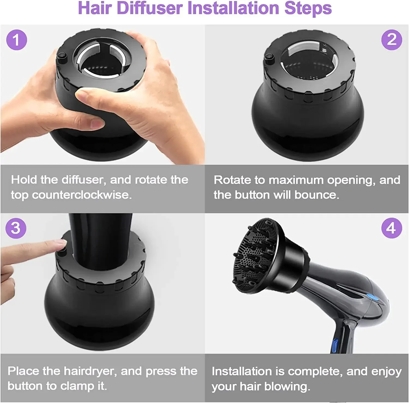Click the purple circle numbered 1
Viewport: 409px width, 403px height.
coord(17,40)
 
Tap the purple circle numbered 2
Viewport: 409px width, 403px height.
coord(392,40)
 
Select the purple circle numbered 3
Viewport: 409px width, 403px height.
coord(16,228)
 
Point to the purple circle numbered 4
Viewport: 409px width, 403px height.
coord(392,228)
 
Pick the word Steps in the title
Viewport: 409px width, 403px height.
coord(308,9)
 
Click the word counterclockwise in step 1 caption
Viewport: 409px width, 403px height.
coord(82,195)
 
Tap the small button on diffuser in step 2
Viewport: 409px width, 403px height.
coord(269,56)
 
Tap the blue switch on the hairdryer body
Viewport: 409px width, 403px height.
coord(371,297)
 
